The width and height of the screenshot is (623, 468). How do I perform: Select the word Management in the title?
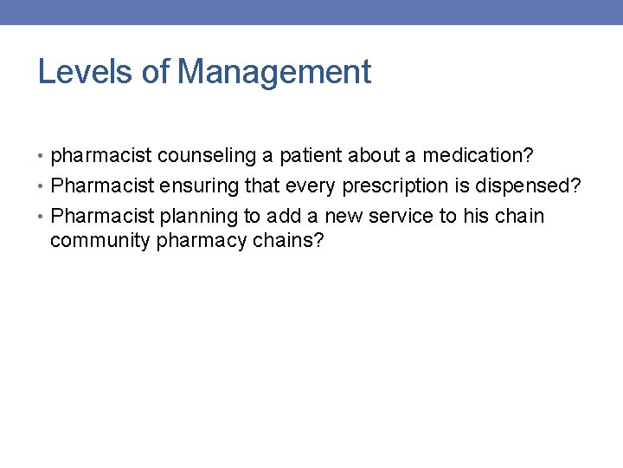pyautogui.click(x=273, y=72)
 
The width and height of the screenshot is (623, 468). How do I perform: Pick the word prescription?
pyautogui.click(x=396, y=185)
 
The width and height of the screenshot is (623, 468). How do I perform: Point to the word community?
pyautogui.click(x=100, y=240)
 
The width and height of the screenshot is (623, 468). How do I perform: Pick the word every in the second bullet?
pyautogui.click(x=311, y=185)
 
